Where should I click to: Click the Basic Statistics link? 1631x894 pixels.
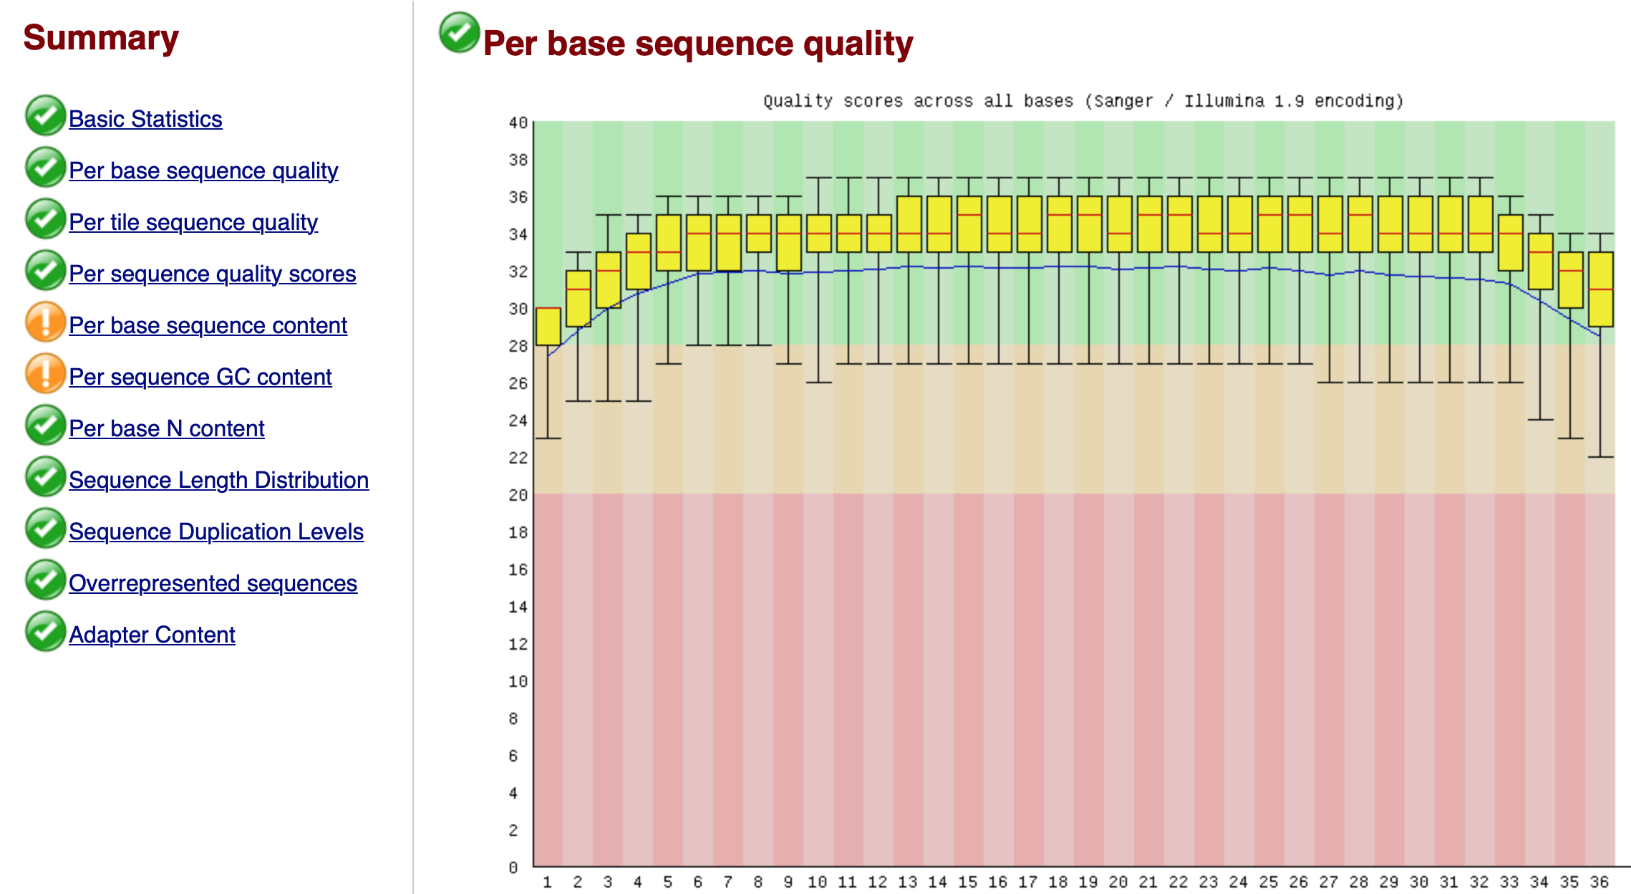(x=145, y=119)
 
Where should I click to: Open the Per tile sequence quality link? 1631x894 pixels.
(x=193, y=222)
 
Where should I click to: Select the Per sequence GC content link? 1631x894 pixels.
(x=200, y=377)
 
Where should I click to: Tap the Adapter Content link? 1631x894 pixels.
(x=152, y=635)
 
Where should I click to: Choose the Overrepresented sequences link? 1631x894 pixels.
(x=213, y=583)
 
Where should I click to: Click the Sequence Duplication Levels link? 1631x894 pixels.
(x=216, y=532)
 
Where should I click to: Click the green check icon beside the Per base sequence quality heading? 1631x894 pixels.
(x=459, y=33)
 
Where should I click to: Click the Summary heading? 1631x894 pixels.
(x=101, y=38)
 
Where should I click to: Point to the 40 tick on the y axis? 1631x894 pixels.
(x=518, y=123)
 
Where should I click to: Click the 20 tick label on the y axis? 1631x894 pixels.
(x=518, y=495)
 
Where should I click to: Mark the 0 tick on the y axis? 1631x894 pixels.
(x=513, y=867)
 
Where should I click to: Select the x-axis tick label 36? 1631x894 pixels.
(x=1599, y=882)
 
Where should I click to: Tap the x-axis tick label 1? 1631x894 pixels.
(x=547, y=882)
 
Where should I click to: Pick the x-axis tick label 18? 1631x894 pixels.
(x=1058, y=882)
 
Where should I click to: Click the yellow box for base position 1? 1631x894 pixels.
(x=548, y=327)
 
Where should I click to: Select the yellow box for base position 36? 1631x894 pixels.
(x=1601, y=289)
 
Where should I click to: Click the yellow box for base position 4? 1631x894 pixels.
(x=639, y=261)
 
